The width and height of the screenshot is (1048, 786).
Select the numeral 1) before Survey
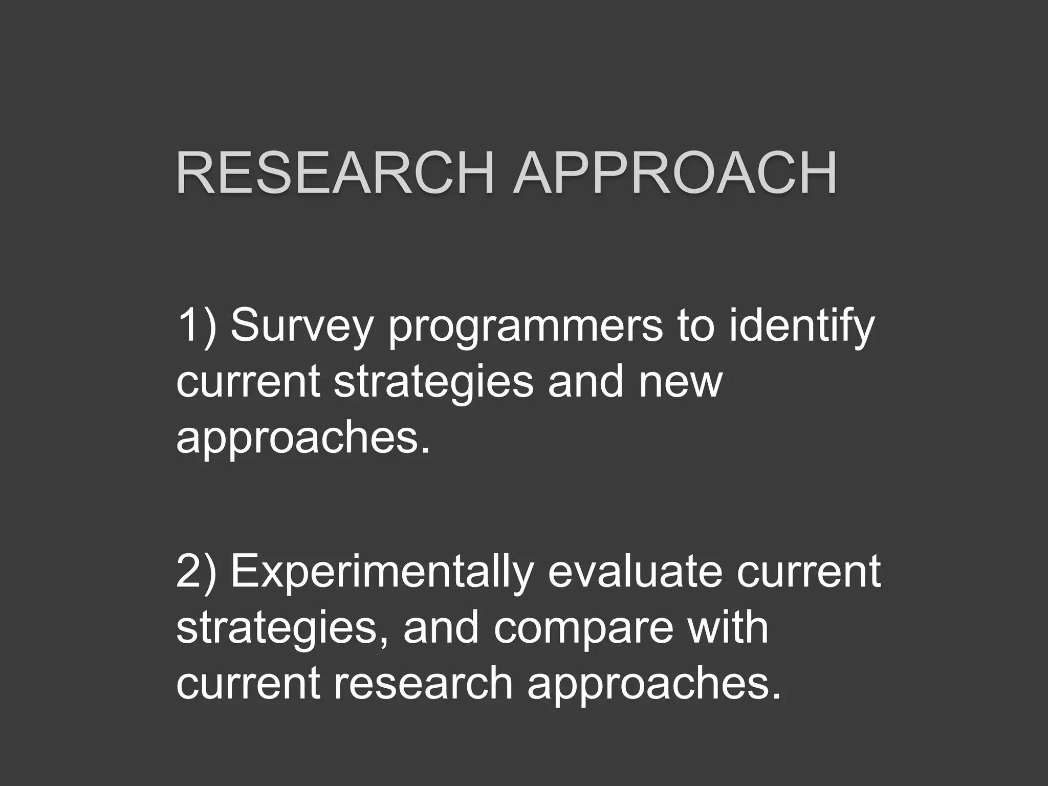pos(196,326)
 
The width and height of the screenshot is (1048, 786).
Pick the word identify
pos(802,327)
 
